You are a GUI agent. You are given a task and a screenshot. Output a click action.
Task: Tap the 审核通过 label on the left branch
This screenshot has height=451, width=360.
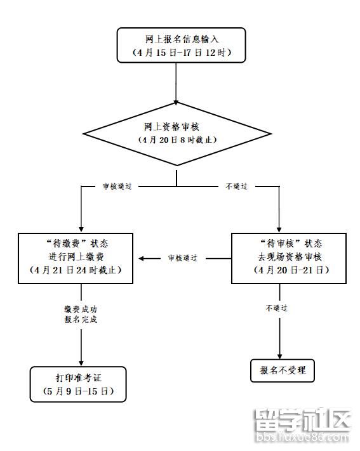[117, 186]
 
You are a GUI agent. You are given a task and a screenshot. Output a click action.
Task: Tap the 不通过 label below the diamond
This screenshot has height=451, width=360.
[236, 186]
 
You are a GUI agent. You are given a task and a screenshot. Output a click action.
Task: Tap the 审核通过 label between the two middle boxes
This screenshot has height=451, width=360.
[182, 258]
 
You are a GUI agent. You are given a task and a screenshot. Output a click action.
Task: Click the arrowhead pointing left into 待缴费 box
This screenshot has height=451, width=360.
[143, 258]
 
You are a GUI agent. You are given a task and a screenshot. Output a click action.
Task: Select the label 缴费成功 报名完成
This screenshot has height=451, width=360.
[81, 314]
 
